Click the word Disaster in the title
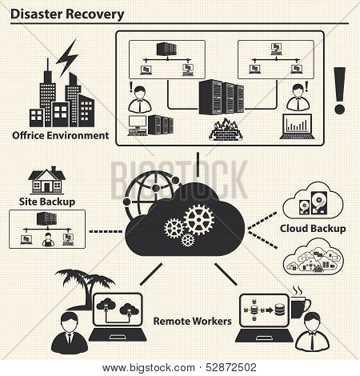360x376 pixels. point(36,14)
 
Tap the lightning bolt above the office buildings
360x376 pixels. point(67,58)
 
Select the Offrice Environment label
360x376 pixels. point(61,135)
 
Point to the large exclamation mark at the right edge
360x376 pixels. point(340,90)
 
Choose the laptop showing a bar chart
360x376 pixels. point(298,126)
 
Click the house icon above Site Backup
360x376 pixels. point(47,180)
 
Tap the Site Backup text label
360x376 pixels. point(47,202)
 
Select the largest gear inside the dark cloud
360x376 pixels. point(199,219)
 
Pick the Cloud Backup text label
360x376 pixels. point(313,229)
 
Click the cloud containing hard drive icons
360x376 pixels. point(313,202)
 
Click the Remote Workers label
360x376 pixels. point(192,321)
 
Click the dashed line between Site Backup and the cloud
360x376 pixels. point(106,231)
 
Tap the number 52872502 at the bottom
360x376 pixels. point(231,368)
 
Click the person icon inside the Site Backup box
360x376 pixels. point(48,239)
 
